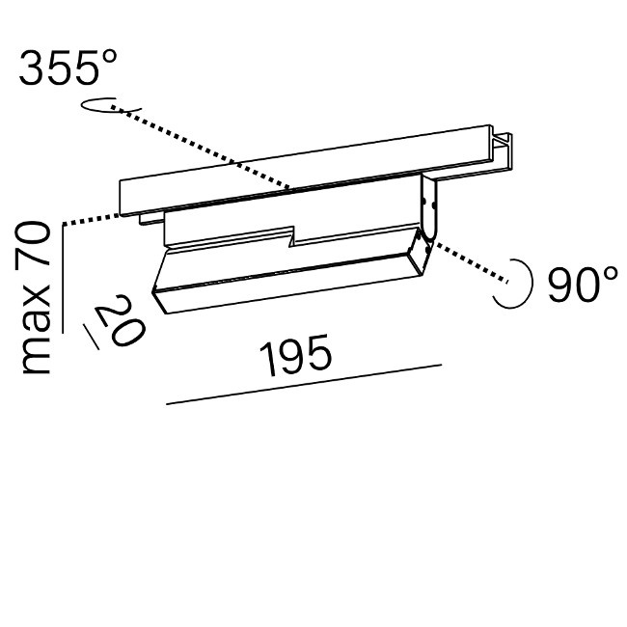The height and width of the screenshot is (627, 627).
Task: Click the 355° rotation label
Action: coord(68,68)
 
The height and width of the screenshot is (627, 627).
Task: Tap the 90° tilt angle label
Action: coord(583,284)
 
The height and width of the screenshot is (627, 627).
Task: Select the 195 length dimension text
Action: coord(295,356)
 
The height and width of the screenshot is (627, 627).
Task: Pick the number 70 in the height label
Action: coord(35,244)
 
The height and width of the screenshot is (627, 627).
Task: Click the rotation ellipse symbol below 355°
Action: coord(110,105)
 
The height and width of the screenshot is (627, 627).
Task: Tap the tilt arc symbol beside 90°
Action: coord(516,284)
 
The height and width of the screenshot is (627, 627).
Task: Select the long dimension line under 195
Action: coord(304,384)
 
